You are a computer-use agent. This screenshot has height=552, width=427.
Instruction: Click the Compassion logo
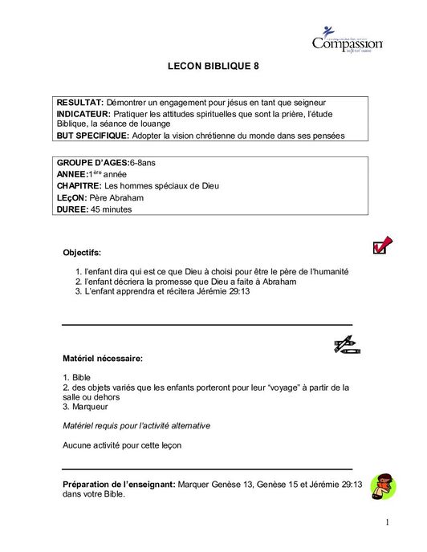click(x=346, y=40)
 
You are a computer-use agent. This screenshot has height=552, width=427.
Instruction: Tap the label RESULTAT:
click(x=79, y=104)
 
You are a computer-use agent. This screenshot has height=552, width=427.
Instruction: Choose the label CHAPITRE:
click(x=79, y=186)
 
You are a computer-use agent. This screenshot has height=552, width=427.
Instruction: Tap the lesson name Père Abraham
click(x=115, y=197)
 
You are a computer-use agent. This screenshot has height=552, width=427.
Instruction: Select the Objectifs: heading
click(x=82, y=253)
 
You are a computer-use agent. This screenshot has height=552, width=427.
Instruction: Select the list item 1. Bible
click(x=77, y=375)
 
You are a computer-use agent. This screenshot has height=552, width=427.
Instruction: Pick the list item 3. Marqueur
click(x=85, y=407)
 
